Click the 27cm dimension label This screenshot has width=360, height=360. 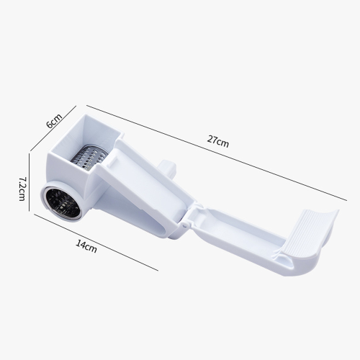[218, 142]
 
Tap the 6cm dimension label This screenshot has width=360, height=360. [54, 121]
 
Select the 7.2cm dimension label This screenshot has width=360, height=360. [22, 189]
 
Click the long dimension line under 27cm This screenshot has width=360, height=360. [217, 153]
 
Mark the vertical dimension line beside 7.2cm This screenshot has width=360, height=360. [30, 182]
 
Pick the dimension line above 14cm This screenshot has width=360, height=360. [96, 243]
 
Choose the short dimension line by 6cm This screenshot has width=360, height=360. [53, 128]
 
